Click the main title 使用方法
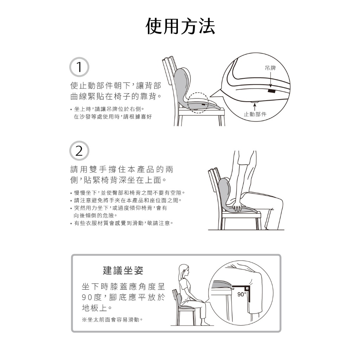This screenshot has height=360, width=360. point(180,26)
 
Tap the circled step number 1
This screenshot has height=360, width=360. point(79,67)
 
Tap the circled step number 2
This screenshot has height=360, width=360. point(79,151)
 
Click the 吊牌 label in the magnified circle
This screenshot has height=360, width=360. point(270,68)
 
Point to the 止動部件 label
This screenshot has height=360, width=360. point(255,114)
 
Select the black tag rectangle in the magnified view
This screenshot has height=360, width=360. point(271,91)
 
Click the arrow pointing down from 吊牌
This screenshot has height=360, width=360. point(271,79)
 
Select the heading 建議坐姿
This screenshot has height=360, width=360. point(123,270)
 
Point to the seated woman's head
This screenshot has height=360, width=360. point(184,271)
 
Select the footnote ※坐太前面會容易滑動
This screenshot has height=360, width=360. point(112,320)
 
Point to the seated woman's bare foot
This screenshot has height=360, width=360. point(205,323)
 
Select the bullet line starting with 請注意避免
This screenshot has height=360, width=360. point(126,200)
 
